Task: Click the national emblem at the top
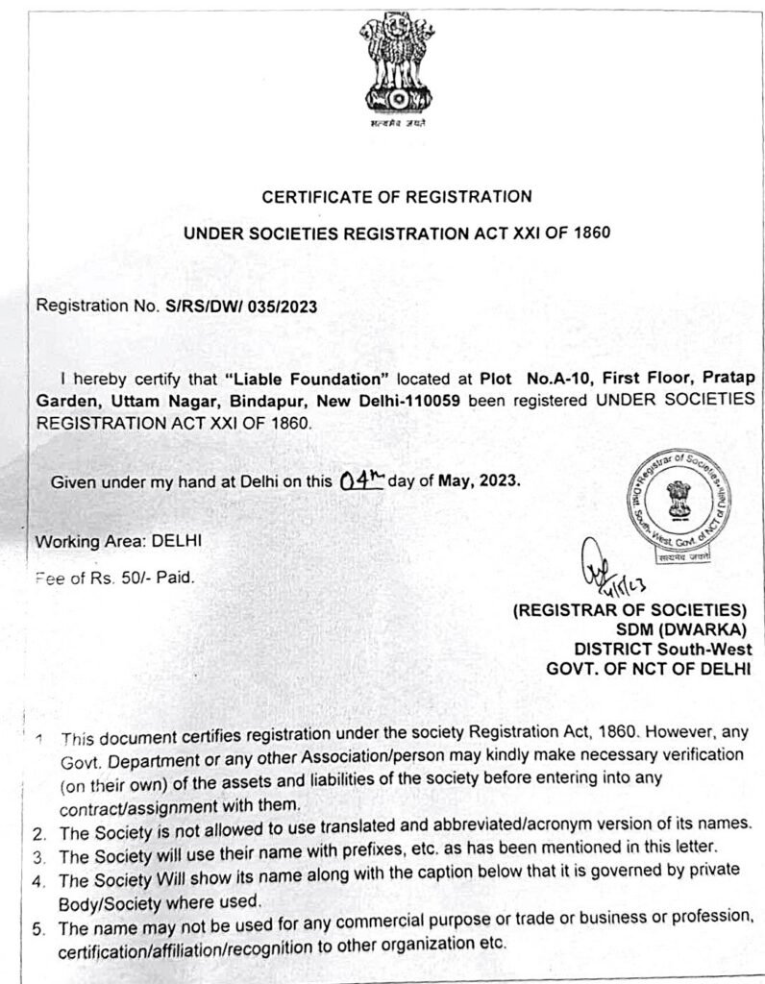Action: [x=397, y=64]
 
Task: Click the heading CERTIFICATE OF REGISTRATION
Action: [x=397, y=197]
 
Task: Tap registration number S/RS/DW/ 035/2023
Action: [x=240, y=307]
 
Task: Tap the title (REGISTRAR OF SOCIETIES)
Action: [x=630, y=610]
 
